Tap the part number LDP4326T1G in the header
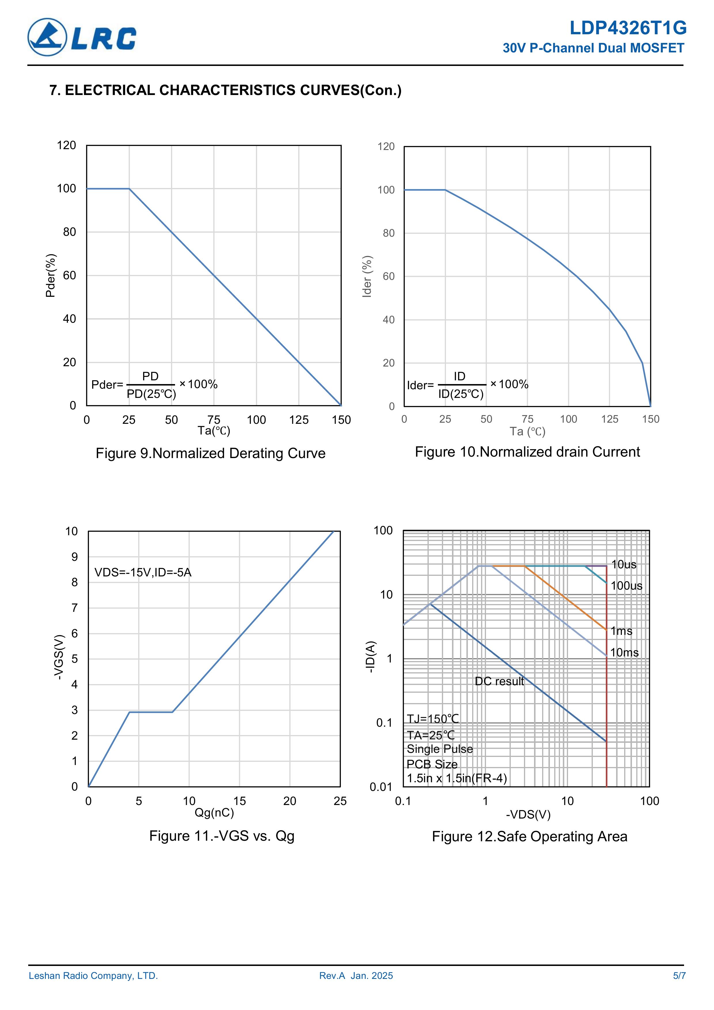628,28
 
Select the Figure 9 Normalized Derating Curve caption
210,453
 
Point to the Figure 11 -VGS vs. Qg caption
222,836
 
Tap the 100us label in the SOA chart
626,586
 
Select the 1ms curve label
621,631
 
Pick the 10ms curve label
624,652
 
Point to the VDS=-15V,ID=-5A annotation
143,572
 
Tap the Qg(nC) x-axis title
214,812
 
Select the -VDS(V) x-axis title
528,815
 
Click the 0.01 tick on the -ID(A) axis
381,787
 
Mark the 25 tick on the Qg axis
340,801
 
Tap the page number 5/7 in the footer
679,976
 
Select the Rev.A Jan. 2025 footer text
356,976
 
